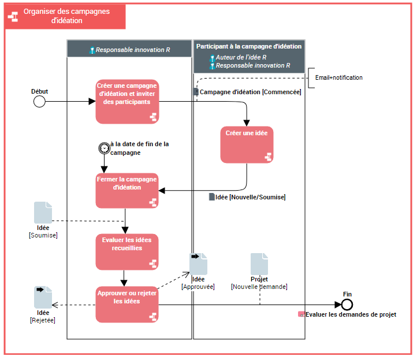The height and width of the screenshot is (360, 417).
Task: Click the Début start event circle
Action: point(39,102)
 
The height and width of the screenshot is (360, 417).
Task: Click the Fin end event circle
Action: point(347,305)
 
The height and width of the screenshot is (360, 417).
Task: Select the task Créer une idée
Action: point(247,144)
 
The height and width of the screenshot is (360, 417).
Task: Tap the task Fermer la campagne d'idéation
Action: point(127,190)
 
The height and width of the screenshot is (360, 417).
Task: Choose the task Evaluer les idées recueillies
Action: point(127,251)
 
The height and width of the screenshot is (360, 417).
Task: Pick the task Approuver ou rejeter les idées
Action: point(127,304)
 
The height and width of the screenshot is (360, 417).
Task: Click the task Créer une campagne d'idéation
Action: point(127,101)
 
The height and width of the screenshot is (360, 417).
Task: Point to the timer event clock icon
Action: point(104,148)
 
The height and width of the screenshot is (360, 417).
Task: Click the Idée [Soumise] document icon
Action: point(43,213)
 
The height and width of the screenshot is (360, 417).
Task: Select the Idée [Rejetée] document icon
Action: point(43,297)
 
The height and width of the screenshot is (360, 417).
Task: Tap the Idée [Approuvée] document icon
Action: point(198,263)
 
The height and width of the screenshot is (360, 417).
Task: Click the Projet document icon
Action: point(259,263)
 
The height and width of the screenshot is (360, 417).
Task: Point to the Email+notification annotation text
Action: point(338,77)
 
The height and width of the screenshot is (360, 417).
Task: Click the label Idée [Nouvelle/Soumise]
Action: point(250,197)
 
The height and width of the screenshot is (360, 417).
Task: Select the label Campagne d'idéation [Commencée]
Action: point(250,92)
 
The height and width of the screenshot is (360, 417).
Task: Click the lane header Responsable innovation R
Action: point(132,50)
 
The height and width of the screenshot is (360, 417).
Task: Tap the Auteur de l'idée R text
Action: point(240,57)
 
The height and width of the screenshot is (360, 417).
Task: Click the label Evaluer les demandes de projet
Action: point(351,314)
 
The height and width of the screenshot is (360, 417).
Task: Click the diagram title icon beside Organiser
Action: point(13,16)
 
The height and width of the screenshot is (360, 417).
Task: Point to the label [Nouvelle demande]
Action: point(259,287)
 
